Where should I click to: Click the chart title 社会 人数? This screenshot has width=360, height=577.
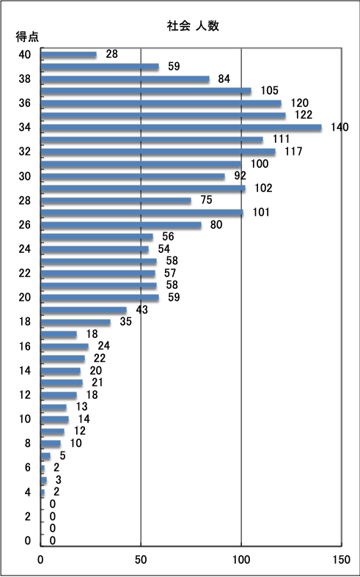[193, 26]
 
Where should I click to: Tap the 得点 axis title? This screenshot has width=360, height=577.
[27, 37]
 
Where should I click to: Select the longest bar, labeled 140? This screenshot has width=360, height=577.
[181, 128]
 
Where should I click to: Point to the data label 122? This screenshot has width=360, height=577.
[304, 115]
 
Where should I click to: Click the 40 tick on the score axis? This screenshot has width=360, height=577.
[25, 55]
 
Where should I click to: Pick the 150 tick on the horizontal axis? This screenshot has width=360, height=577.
[341, 559]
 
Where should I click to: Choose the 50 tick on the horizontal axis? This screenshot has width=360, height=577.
[141, 559]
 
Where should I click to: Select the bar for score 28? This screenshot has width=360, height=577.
[116, 201]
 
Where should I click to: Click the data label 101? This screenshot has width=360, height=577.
[261, 213]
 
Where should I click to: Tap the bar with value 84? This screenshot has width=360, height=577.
[125, 79]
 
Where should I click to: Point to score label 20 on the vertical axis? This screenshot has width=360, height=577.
[25, 298]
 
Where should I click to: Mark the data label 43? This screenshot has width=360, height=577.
[142, 310]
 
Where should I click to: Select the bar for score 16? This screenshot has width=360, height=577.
[65, 346]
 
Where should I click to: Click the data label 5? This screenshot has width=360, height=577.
[62, 455]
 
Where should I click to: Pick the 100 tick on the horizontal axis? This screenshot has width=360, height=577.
[241, 559]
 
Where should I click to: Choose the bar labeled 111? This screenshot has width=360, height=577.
[152, 140]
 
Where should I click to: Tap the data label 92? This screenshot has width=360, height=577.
[240, 175]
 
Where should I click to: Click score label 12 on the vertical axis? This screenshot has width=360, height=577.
[25, 395]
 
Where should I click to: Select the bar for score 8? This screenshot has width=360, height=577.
[51, 444]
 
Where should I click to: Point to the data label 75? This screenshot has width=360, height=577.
[206, 200]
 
